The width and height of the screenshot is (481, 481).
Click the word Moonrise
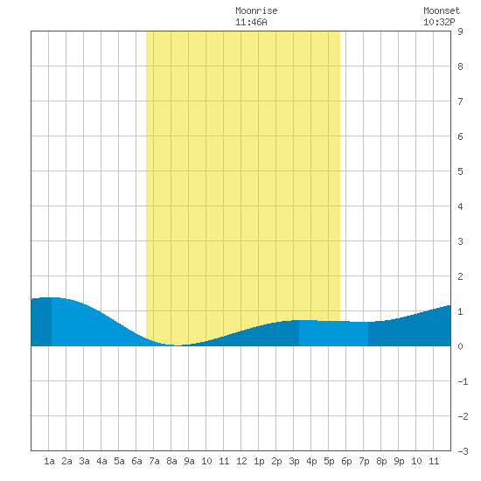point(256,10)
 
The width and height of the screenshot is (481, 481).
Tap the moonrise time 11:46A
point(251,22)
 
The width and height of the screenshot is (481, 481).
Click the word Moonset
point(442,10)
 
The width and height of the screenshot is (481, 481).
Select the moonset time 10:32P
point(439,22)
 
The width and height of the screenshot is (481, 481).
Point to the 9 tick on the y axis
point(460,31)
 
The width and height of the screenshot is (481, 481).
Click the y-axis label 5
point(460,171)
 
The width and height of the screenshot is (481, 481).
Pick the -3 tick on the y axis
point(463,451)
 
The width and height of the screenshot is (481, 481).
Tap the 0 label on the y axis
point(460,346)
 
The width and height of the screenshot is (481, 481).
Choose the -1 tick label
point(463,381)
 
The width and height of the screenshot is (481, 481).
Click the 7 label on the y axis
point(460,101)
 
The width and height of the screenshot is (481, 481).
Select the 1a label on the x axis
point(49,461)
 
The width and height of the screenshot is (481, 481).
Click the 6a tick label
point(136,461)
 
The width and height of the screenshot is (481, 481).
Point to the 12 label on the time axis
point(241,461)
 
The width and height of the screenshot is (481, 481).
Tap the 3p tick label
point(294,461)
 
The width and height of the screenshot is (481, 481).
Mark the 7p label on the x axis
point(364,461)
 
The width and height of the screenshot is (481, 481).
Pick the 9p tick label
point(399,461)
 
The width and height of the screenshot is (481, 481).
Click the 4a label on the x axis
point(101,461)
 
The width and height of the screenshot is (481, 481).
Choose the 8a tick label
point(171,461)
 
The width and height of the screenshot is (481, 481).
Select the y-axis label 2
point(460,276)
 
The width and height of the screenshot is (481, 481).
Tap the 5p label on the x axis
point(329,461)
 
